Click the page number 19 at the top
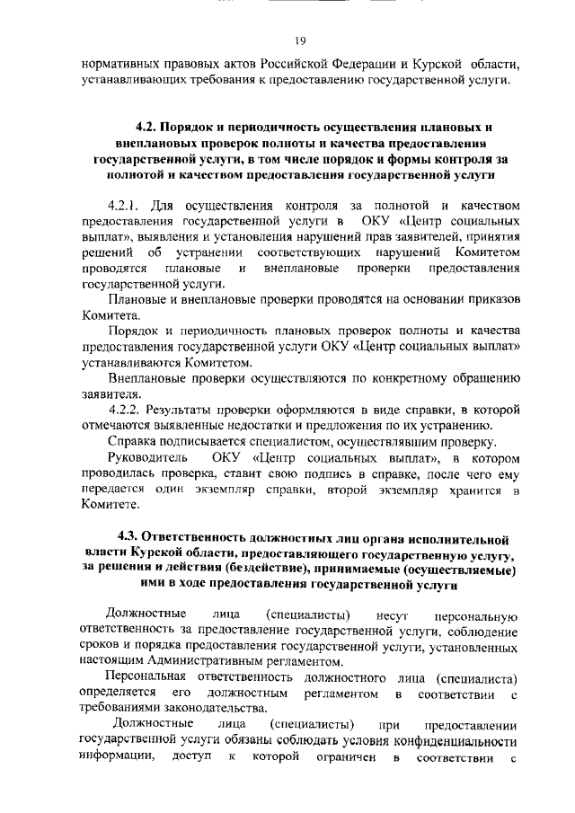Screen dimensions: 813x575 point(300,40)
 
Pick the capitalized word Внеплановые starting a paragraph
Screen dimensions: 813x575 point(145,378)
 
